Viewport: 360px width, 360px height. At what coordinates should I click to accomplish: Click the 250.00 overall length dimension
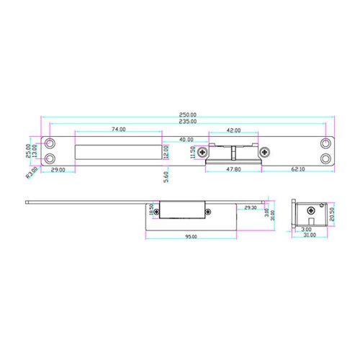coord(189,114)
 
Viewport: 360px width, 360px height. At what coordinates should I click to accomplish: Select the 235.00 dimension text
coord(189,122)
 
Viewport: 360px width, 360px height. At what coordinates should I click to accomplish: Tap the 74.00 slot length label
coord(118,130)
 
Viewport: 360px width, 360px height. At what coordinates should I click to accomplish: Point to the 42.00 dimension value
coord(233,131)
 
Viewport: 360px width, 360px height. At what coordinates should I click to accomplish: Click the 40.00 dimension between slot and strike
coord(186,139)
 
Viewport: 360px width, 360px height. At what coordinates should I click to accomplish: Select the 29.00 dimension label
coord(58,170)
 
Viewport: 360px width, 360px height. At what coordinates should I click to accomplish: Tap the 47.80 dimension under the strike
coord(233,169)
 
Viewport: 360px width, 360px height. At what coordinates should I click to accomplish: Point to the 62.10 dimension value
coord(298,169)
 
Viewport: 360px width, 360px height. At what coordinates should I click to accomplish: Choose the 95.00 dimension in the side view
coord(191,236)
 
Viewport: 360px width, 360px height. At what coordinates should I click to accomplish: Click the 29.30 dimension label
coord(250,207)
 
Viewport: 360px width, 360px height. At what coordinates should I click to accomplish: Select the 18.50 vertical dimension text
coord(152,210)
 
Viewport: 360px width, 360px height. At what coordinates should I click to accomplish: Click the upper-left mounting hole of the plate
coord(50,143)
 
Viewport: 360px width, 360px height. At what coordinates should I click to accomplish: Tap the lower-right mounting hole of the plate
coord(327,158)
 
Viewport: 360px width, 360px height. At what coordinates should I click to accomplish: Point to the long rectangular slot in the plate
coord(118,152)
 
